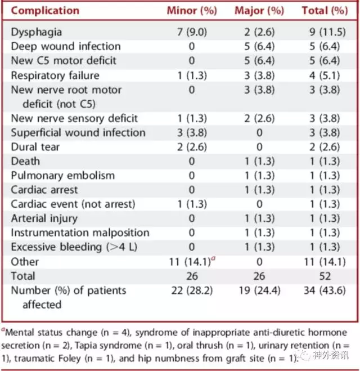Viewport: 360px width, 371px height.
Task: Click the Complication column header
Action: [45, 11]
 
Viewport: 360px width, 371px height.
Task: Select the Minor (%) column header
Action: [192, 11]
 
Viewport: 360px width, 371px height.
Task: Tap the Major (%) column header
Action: [259, 11]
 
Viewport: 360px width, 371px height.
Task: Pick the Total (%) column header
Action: [325, 11]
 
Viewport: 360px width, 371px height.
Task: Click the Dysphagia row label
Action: [37, 32]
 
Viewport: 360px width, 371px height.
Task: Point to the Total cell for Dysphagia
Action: [327, 32]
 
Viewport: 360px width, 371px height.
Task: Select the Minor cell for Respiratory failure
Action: [192, 75]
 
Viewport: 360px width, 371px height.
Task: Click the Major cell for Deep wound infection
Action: [259, 46]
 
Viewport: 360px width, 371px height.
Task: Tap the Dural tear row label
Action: [35, 147]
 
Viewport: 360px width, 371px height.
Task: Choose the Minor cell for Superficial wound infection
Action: [192, 133]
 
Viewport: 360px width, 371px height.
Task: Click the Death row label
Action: [25, 162]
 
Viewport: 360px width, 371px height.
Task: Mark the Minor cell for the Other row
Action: [192, 262]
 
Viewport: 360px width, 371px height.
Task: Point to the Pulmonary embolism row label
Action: [62, 176]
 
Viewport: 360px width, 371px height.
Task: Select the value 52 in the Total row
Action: [325, 276]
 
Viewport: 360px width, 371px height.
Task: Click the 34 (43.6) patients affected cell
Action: [325, 290]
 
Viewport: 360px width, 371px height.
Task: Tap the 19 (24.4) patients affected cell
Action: [259, 290]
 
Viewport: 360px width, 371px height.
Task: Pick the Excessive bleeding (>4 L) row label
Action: [74, 247]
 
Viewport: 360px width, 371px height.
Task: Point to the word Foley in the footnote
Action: [69, 359]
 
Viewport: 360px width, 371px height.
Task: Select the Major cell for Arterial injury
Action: [259, 218]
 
